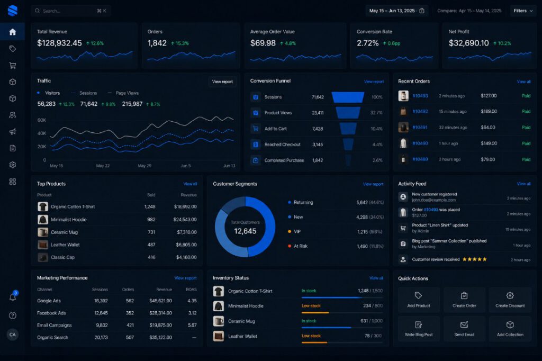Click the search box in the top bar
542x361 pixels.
pyautogui.click(x=71, y=11)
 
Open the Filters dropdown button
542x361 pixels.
pyautogui.click(x=523, y=11)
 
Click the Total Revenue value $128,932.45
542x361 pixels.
pyautogui.click(x=59, y=43)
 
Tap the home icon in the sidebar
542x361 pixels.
pyautogui.click(x=13, y=32)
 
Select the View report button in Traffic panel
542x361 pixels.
pyautogui.click(x=222, y=82)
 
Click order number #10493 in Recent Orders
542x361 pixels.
pyautogui.click(x=420, y=96)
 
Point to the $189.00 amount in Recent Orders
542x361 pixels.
pyautogui.click(x=489, y=111)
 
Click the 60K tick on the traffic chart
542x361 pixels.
pyautogui.click(x=41, y=120)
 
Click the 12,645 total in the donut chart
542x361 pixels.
pyautogui.click(x=245, y=231)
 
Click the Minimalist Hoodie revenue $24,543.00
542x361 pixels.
pyautogui.click(x=185, y=220)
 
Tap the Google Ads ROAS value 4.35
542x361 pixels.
pyautogui.click(x=192, y=301)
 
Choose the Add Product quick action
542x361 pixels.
pyautogui.click(x=419, y=300)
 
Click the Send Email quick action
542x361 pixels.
pyautogui.click(x=464, y=329)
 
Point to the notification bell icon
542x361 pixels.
pyautogui.click(x=13, y=296)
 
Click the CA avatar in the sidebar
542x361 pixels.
pyautogui.click(x=13, y=335)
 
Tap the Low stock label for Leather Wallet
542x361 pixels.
pyautogui.click(x=311, y=336)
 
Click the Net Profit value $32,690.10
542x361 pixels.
pyautogui.click(x=469, y=43)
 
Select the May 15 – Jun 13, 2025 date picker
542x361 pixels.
pyautogui.click(x=396, y=11)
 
